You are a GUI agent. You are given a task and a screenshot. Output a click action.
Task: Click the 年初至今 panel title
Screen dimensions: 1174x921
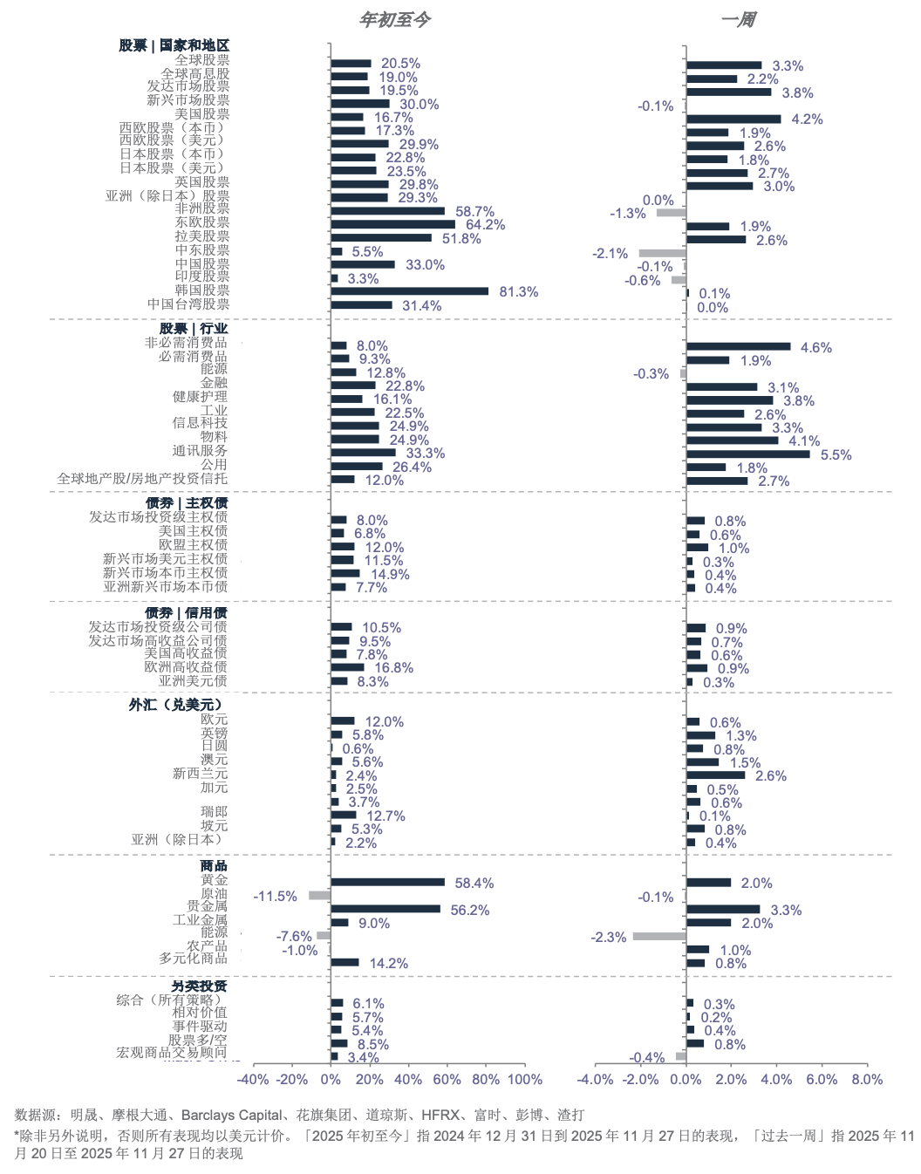(x=394, y=19)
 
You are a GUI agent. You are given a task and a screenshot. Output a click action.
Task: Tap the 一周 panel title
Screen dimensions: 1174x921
(x=738, y=19)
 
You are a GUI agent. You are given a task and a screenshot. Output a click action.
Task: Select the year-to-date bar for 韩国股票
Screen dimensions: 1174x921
(x=409, y=291)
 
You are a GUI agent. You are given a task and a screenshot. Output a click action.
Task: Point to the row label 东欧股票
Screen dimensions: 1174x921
(x=201, y=222)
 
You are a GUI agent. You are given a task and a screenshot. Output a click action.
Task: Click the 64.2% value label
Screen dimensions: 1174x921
(x=485, y=225)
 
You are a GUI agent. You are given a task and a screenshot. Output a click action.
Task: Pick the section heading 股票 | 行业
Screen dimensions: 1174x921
(x=193, y=329)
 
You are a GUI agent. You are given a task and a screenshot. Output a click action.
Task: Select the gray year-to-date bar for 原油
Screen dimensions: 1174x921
(x=319, y=896)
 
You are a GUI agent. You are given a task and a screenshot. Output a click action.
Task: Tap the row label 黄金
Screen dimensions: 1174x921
(x=214, y=880)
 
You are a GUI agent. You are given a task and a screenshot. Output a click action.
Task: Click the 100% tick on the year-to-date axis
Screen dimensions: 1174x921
(x=525, y=1080)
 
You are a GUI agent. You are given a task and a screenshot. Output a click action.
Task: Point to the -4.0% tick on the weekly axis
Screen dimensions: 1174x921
(x=596, y=1080)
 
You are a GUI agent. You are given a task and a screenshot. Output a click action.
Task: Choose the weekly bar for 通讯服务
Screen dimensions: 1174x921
(x=747, y=454)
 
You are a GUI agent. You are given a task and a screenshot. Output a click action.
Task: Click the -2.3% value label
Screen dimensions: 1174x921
(x=609, y=938)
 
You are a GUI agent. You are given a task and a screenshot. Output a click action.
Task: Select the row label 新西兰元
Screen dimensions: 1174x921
(x=200, y=774)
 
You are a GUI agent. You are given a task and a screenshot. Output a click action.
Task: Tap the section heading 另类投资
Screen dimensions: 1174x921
(x=199, y=986)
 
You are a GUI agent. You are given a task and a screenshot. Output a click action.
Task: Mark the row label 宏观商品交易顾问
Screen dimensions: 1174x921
(x=171, y=1053)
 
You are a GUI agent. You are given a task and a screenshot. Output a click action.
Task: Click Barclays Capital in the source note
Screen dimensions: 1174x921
(x=231, y=1115)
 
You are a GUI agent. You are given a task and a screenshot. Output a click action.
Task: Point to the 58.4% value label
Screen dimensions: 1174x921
(x=474, y=884)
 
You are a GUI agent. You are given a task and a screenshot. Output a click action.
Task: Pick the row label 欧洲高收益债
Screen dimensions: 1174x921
(x=185, y=667)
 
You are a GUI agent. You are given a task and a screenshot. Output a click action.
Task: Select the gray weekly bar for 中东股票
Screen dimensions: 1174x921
(x=662, y=253)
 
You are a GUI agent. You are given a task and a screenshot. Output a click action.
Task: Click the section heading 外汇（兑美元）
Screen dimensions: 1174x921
(x=177, y=704)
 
